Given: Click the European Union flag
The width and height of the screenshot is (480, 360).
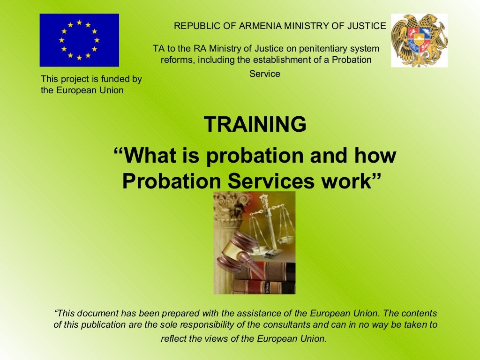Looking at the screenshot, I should tap(79, 40).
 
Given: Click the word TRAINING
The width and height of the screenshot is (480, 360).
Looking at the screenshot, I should tap(255, 125).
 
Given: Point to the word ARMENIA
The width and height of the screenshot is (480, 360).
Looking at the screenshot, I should tap(258, 26).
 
